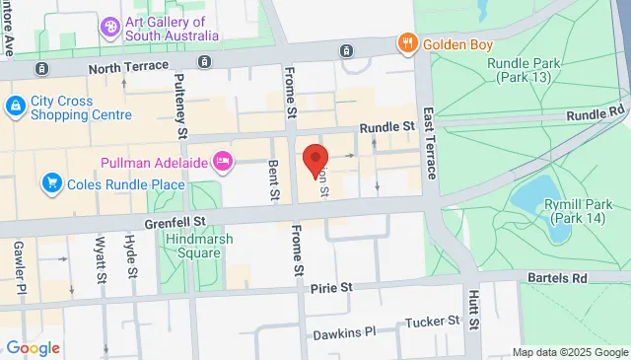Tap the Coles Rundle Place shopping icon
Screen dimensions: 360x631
[x=50, y=182]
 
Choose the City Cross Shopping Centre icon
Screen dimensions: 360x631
[x=15, y=106]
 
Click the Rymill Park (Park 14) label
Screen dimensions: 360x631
[x=580, y=212]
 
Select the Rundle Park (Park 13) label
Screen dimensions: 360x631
[x=527, y=71]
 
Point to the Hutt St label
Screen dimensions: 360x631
[x=473, y=308]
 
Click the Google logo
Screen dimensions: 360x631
[x=34, y=348]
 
